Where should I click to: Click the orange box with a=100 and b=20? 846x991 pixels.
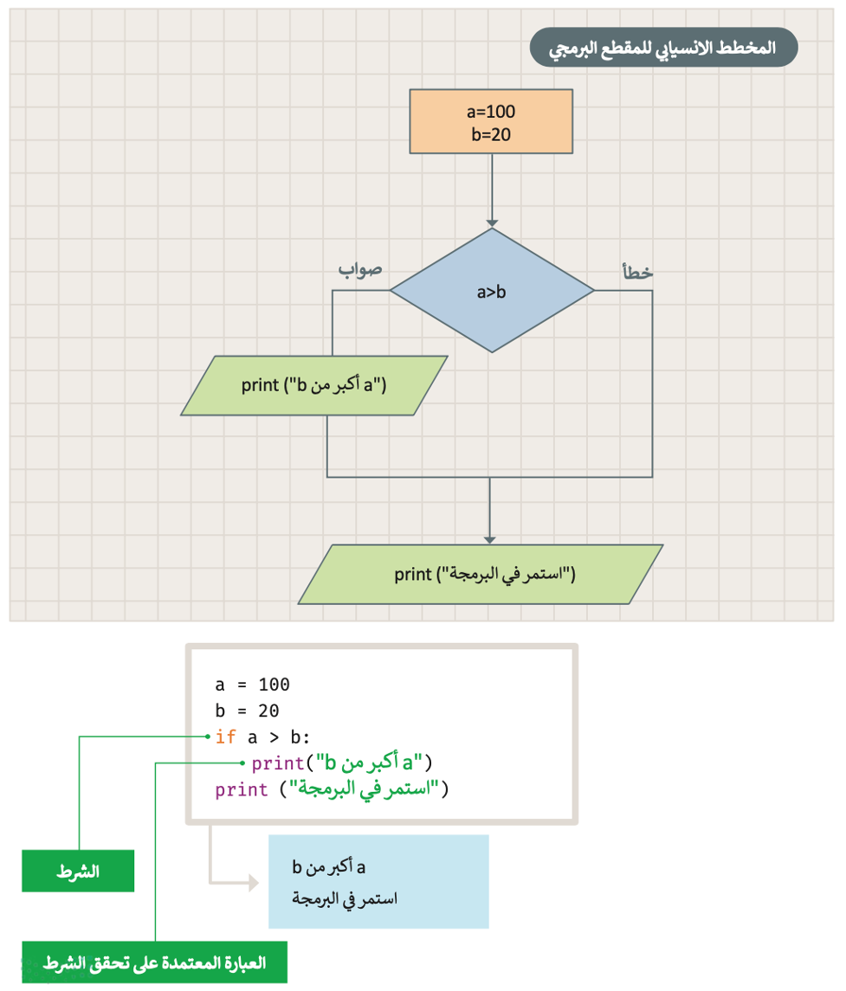[491, 121]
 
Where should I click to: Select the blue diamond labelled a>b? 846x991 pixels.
[492, 292]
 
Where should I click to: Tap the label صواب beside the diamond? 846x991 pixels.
[359, 269]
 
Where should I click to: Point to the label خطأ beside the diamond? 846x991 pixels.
[636, 272]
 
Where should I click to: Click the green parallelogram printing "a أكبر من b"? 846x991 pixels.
[314, 385]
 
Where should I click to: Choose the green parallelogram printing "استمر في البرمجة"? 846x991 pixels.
[481, 573]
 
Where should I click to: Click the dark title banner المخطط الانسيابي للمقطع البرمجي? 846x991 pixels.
[663, 48]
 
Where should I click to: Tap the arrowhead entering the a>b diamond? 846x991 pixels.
[492, 223]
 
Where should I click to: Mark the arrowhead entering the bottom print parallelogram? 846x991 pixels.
[491, 540]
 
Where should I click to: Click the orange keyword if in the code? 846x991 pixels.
[225, 737]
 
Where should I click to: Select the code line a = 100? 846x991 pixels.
[252, 685]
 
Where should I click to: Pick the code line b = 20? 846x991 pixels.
[247, 711]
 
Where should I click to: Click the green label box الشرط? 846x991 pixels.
[78, 872]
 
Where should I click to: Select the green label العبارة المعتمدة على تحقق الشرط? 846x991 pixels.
[154, 962]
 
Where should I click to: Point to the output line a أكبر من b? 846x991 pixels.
[330, 867]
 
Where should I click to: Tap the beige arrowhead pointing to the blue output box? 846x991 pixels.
[252, 882]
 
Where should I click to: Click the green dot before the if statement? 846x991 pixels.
[208, 737]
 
